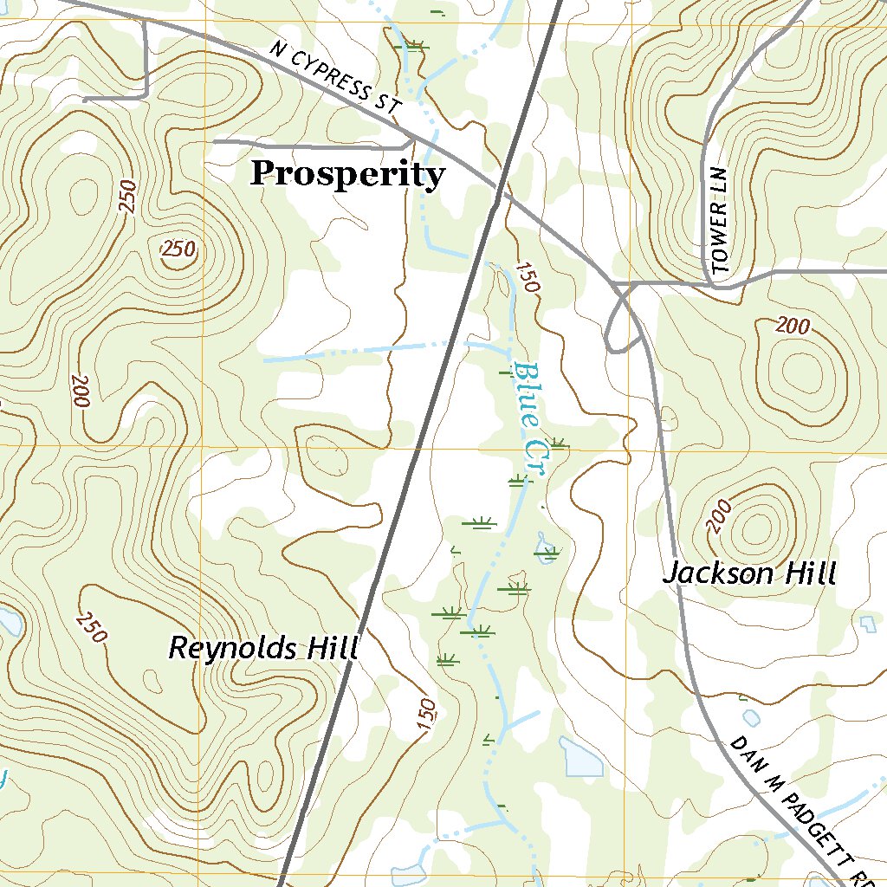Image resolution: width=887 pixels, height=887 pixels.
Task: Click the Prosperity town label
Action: tap(347, 175)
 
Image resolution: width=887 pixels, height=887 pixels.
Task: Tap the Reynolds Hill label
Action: tap(262, 648)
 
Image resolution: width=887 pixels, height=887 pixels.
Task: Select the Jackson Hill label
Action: tap(749, 573)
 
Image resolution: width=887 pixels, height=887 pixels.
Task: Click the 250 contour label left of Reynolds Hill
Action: tap(92, 627)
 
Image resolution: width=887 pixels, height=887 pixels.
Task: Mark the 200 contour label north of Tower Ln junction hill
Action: tap(793, 327)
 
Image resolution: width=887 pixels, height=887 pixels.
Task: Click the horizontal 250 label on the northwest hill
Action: tap(178, 249)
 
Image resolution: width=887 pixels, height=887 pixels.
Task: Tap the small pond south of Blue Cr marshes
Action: tap(581, 758)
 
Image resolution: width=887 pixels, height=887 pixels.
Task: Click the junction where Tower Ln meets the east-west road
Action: tap(713, 282)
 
